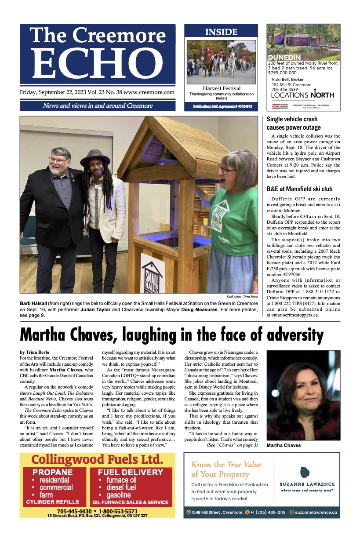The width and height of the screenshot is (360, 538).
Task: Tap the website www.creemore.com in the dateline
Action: [149, 93]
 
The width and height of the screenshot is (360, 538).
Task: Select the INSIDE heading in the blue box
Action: [221, 32]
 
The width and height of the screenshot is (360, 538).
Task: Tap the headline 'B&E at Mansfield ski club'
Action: [299, 189]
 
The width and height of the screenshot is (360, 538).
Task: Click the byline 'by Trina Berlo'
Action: [35, 353]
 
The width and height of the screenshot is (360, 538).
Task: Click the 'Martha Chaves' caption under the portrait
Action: [284, 445]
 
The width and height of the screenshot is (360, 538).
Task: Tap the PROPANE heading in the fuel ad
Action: [52, 473]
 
